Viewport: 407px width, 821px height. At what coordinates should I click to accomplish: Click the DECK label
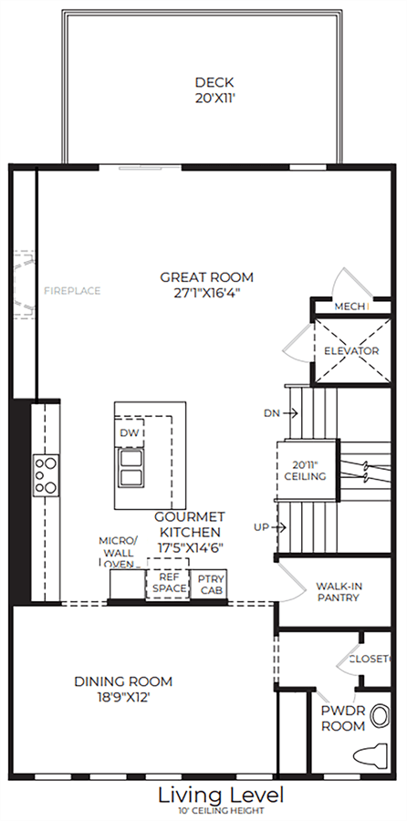point(214,83)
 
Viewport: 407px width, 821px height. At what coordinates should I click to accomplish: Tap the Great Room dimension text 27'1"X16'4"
point(206,293)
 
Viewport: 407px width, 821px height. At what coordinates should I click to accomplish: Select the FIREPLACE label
point(72,291)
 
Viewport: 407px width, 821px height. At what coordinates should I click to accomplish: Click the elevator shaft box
point(351,350)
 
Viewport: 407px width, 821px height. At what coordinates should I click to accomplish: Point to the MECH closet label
point(350,307)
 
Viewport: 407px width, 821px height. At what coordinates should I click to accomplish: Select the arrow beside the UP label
point(279,527)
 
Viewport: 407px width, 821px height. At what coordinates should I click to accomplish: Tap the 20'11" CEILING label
point(306,470)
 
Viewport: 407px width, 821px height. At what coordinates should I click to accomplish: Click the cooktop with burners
point(47,475)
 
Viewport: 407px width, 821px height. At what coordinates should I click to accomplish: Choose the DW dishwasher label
point(129,433)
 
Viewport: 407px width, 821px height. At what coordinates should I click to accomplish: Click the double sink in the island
point(130,468)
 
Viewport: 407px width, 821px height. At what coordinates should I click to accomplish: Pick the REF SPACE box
point(167,583)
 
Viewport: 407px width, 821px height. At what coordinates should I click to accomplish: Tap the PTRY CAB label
point(211,585)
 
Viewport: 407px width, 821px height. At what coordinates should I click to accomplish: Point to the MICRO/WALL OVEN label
point(118,553)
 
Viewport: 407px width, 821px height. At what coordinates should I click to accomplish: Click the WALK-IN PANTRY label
point(338,592)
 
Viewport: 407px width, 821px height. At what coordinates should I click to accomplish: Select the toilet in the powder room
point(370,756)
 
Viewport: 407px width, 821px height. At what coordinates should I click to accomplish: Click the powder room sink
point(380,716)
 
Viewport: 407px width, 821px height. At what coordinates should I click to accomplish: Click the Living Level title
point(221,795)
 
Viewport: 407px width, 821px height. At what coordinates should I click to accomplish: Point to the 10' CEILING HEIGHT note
point(220,811)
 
